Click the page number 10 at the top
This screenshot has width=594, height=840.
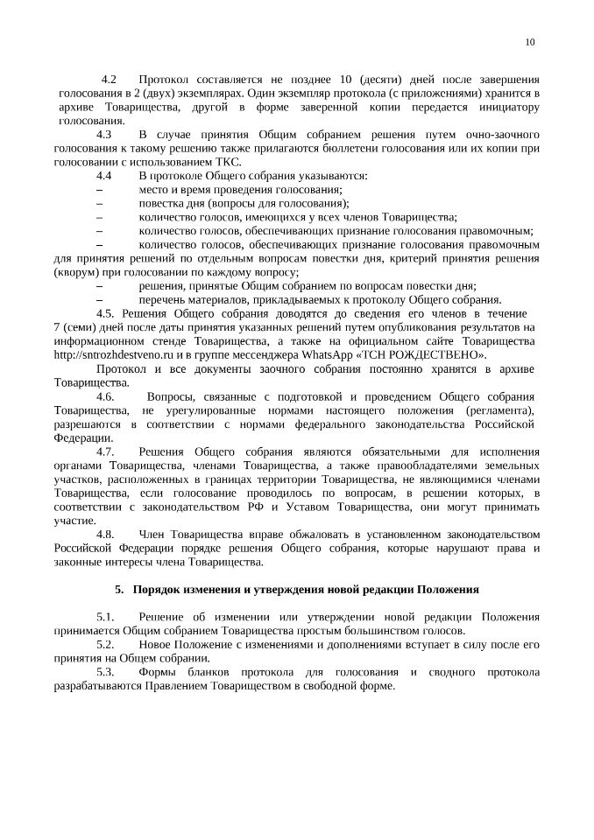(x=530, y=41)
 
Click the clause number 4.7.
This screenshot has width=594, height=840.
(x=105, y=451)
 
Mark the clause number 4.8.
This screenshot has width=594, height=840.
(x=105, y=534)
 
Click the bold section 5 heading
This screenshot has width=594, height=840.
(x=296, y=590)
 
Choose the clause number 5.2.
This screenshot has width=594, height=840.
(x=105, y=645)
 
